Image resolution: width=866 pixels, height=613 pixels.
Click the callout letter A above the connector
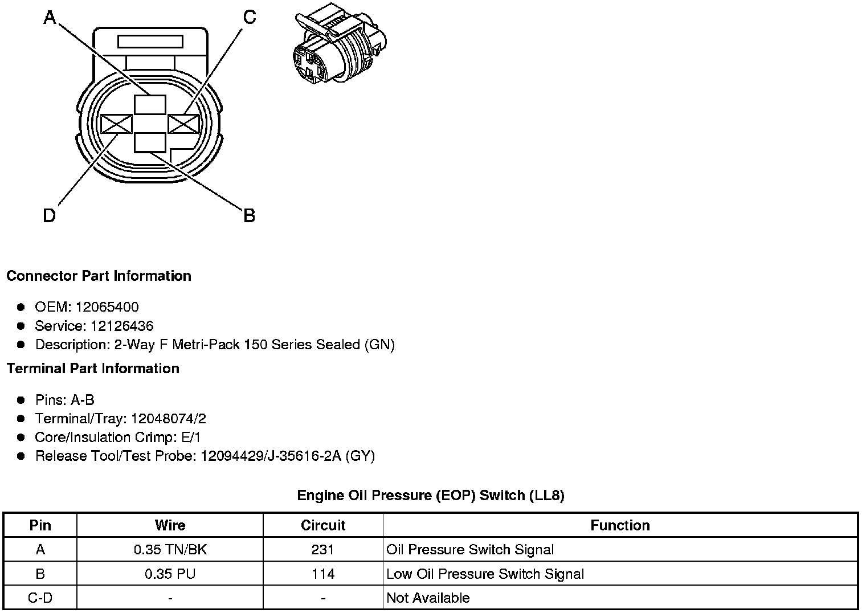[x=50, y=18]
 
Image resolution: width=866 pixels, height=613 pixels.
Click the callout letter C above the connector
[x=250, y=18]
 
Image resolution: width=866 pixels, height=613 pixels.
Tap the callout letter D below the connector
[x=50, y=216]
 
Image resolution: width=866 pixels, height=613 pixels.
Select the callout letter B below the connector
[x=250, y=216]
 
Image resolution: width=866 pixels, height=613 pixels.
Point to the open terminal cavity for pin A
[x=150, y=105]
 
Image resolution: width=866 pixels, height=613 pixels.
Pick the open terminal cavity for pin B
[x=150, y=143]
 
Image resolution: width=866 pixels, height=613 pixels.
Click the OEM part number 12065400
[x=107, y=307]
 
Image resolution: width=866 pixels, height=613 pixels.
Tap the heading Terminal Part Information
[x=93, y=369]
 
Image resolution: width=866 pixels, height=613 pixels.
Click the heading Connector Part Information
[x=99, y=276]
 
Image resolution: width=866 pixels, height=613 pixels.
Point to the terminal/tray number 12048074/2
[x=169, y=419]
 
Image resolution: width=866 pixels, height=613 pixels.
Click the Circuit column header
[x=323, y=525]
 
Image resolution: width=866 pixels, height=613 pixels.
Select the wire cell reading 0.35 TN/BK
[x=170, y=550]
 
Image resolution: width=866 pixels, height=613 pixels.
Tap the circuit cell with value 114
[x=323, y=574]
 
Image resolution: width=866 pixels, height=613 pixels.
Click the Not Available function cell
[x=428, y=598]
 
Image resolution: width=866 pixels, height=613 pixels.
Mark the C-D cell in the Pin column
[x=40, y=598]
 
